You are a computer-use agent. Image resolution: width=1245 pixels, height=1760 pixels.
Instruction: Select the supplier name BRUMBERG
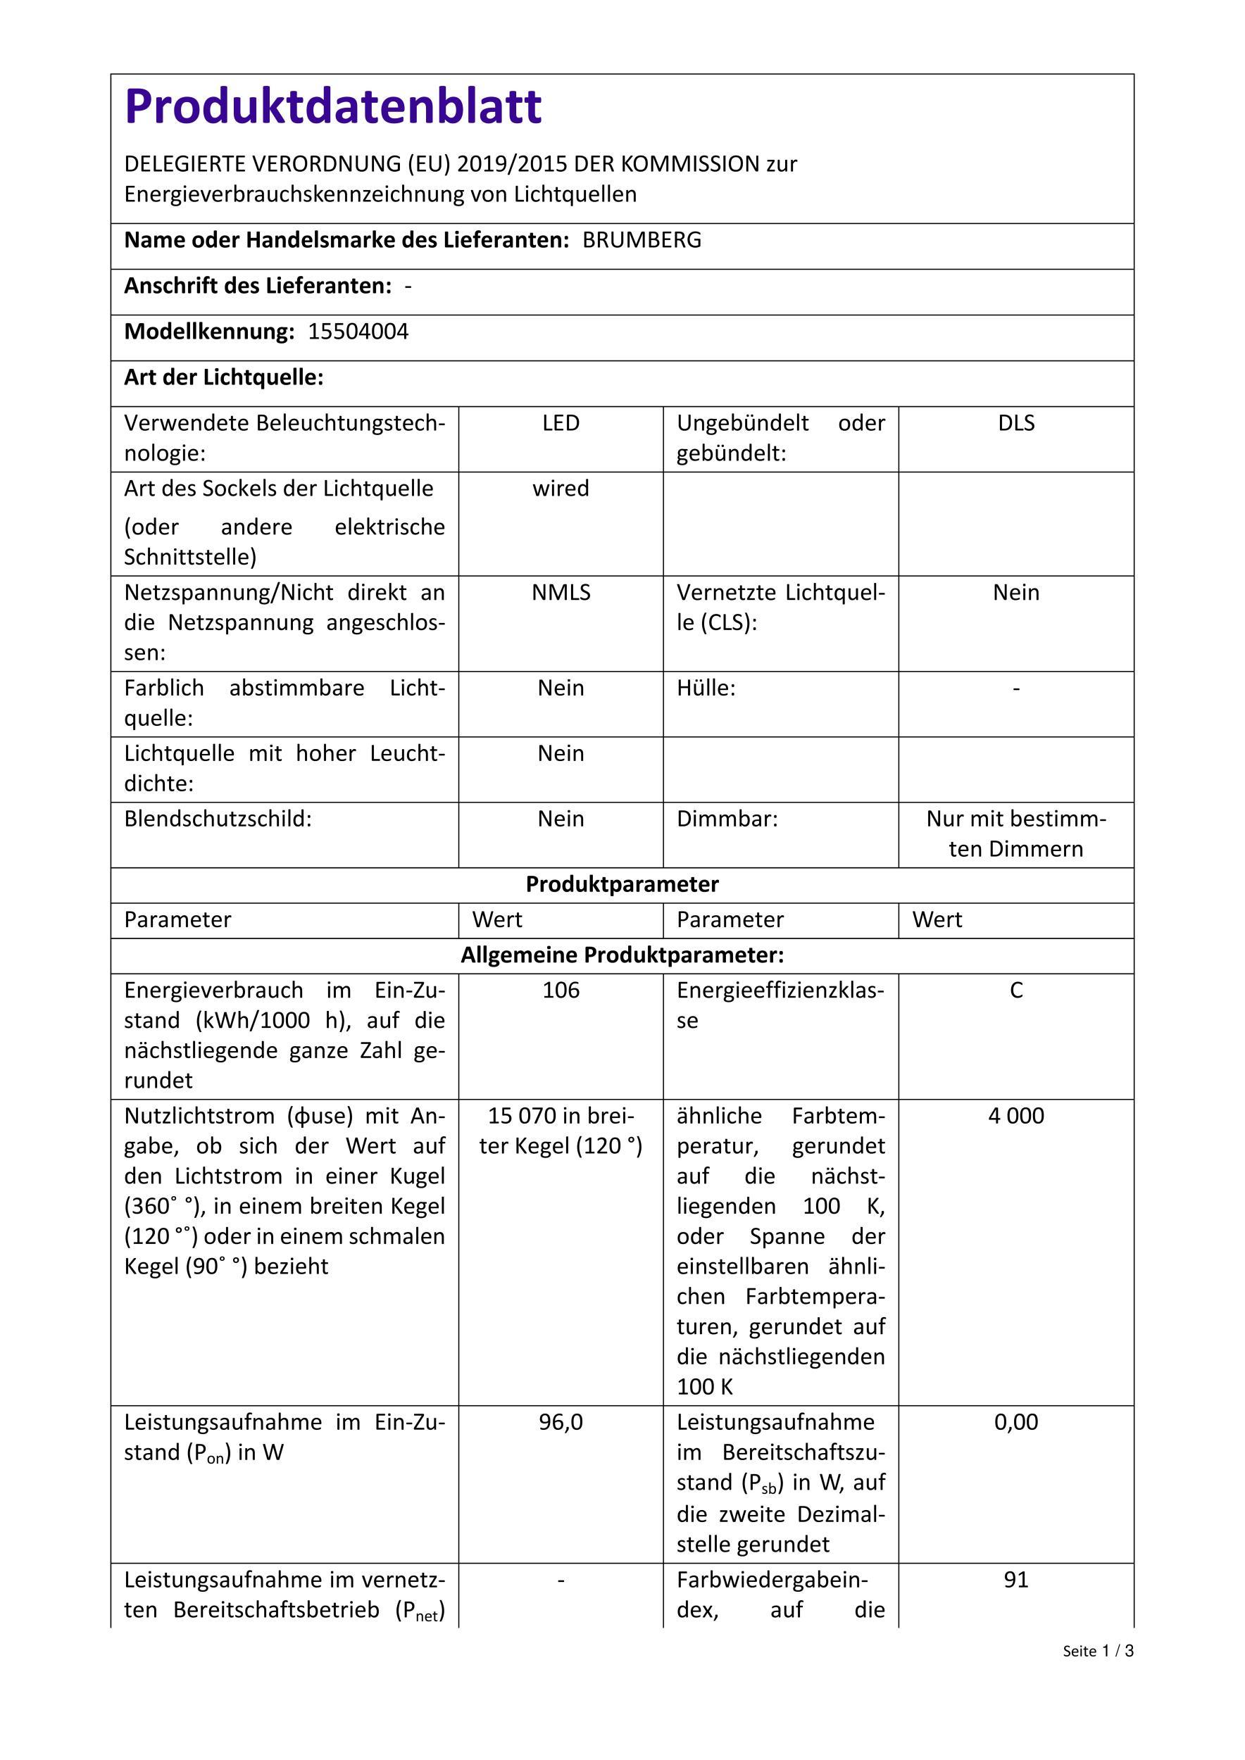pos(642,241)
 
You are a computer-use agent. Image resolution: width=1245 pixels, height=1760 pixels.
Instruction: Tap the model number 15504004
pos(358,332)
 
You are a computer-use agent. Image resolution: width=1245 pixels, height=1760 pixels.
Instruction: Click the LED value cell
pos(561,423)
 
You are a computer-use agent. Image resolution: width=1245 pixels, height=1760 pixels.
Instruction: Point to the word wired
pos(561,489)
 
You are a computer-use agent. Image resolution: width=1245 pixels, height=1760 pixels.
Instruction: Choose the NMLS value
pos(561,593)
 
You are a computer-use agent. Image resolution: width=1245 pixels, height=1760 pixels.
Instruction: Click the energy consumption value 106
pos(561,991)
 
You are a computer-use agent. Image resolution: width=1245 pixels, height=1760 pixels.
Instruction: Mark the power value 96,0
pos(561,1423)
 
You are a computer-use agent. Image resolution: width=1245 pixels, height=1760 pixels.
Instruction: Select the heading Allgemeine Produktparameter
pos(622,955)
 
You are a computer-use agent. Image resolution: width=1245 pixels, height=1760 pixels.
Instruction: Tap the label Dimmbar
pos(727,819)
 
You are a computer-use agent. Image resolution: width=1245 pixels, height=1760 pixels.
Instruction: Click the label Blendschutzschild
pos(218,819)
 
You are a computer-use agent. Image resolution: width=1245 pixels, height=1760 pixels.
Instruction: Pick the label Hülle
pos(706,689)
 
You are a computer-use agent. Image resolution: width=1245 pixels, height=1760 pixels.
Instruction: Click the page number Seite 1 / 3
pos(1098,1652)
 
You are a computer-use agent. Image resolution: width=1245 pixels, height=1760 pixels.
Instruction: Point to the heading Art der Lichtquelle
pos(224,378)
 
